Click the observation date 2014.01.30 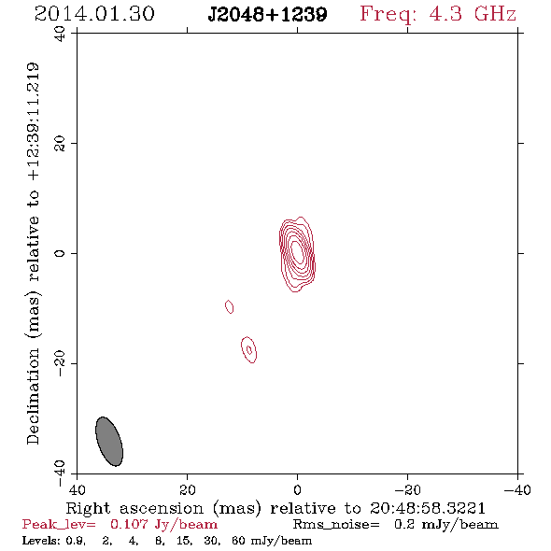click(x=94, y=14)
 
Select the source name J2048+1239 click(x=267, y=15)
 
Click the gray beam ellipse click(x=109, y=442)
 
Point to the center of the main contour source click(x=297, y=254)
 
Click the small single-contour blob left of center click(x=229, y=306)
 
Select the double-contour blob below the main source click(x=248, y=349)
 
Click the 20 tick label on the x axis click(x=187, y=489)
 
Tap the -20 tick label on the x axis click(x=407, y=489)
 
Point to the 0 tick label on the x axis click(x=297, y=489)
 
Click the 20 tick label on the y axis click(x=60, y=144)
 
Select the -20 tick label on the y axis click(x=60, y=363)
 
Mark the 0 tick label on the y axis click(x=60, y=253)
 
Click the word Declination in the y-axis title click(x=33, y=396)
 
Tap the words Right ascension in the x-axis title click(x=134, y=508)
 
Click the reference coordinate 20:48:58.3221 click(x=428, y=508)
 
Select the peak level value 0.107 click(x=129, y=524)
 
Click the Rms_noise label click(x=336, y=525)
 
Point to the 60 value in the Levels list click(x=238, y=541)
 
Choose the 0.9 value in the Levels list click(x=76, y=541)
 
